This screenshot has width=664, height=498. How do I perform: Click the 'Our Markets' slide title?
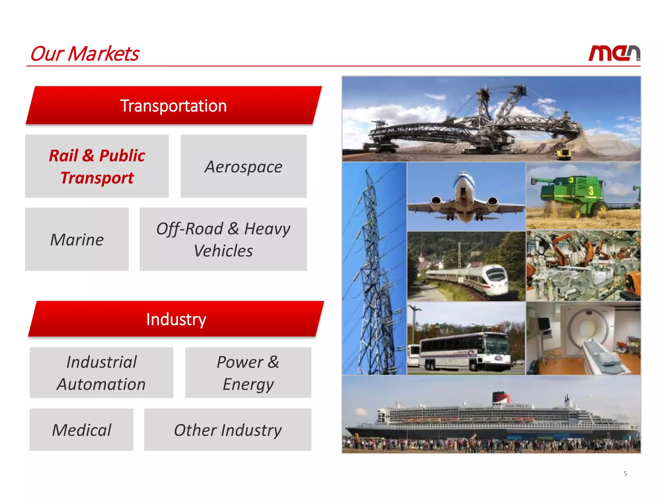[84, 53]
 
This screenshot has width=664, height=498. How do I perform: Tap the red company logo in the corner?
[614, 53]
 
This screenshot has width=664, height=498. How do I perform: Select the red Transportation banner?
[173, 106]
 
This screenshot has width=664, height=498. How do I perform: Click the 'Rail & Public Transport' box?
[97, 166]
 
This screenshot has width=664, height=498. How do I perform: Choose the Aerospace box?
[243, 166]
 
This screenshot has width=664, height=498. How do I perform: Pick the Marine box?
[77, 239]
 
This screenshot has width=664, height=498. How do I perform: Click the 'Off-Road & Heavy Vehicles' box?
[223, 239]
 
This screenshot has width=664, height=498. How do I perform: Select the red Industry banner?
[176, 319]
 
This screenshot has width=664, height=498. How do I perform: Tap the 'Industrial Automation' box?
[101, 373]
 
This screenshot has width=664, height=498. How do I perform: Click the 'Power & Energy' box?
[248, 373]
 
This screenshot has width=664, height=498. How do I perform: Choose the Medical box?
[81, 430]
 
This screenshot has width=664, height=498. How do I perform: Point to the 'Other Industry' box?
[228, 430]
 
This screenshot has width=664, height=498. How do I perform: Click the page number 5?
[625, 473]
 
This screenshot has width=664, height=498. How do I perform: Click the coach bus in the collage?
[464, 352]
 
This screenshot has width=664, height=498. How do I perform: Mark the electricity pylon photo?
[374, 269]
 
